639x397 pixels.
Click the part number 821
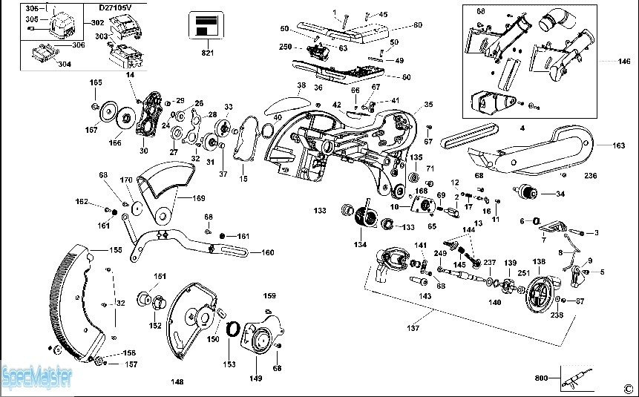[207, 53]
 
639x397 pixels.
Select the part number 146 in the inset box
[625, 61]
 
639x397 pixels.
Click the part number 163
[618, 146]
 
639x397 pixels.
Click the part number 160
[267, 252]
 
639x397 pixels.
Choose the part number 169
[199, 198]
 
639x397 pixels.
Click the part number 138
[538, 262]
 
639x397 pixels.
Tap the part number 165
[96, 82]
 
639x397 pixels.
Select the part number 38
[301, 85]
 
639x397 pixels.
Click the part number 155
[117, 250]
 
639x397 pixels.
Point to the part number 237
[489, 262]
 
